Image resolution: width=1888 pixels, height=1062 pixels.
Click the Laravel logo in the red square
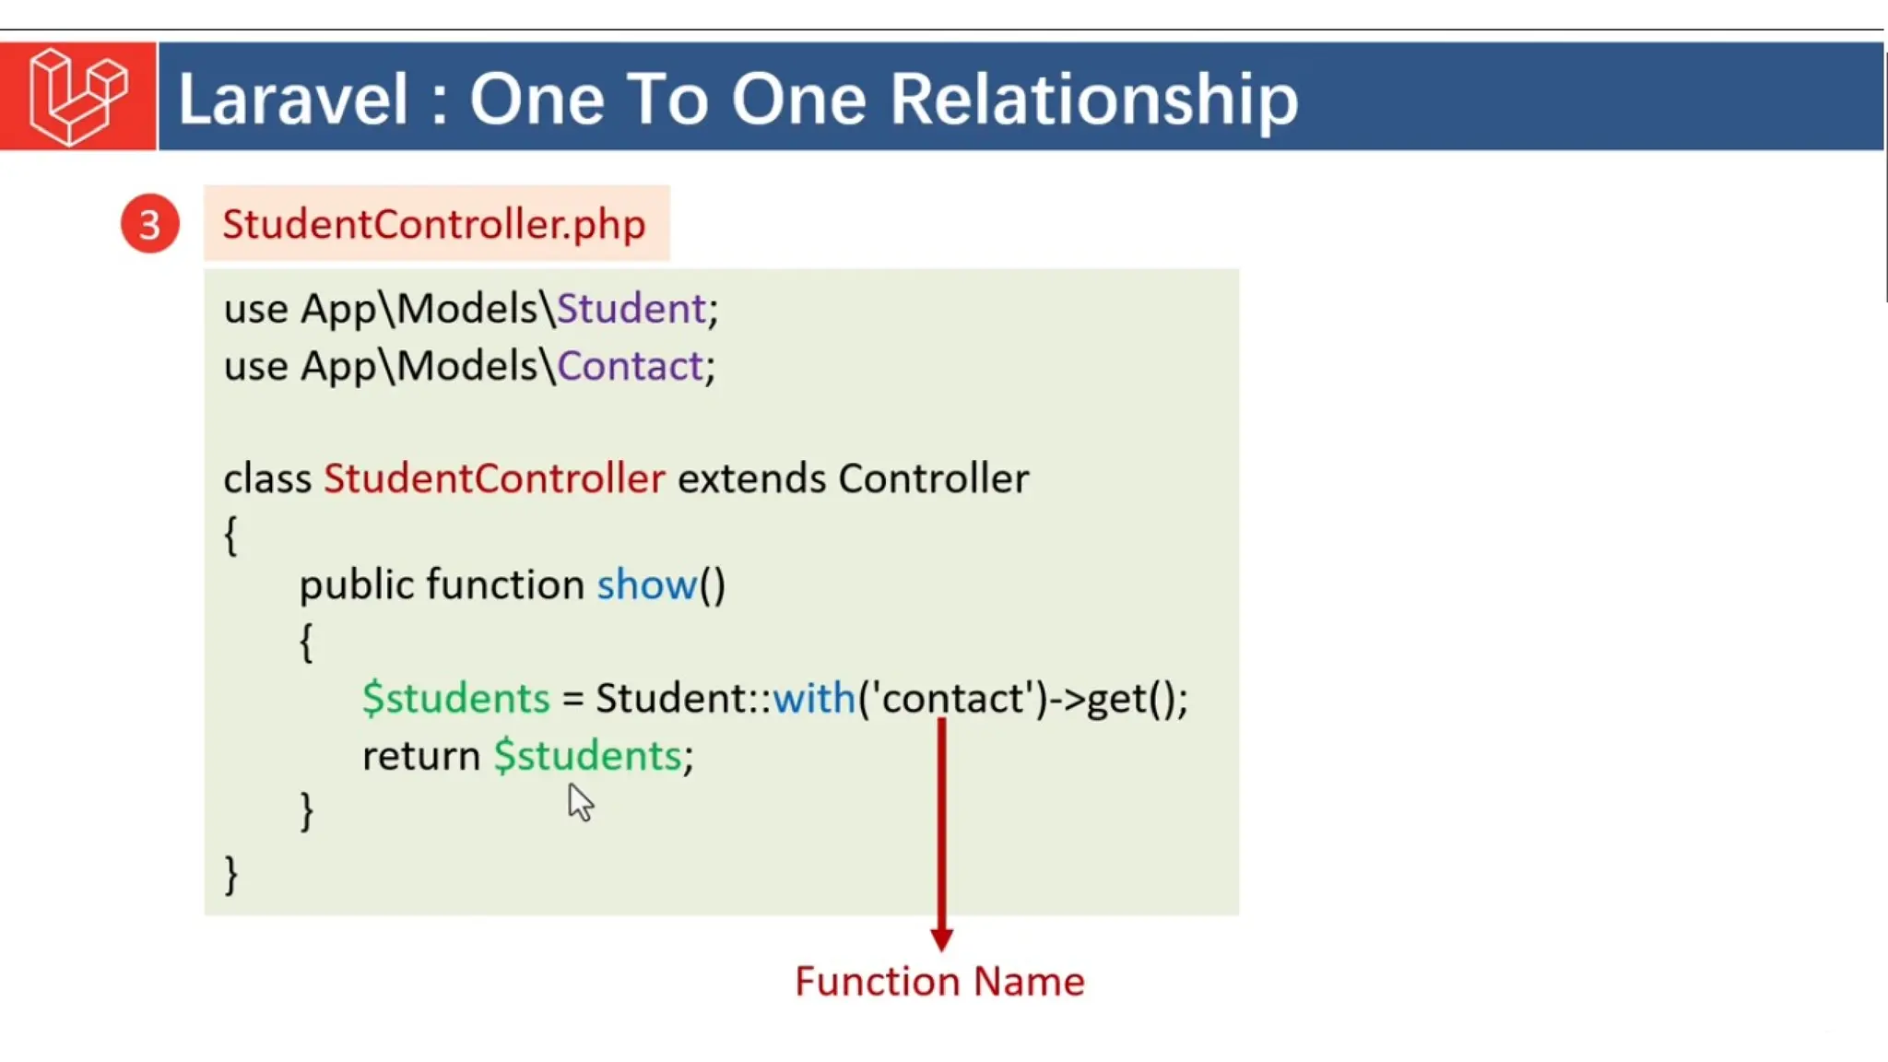tap(77, 96)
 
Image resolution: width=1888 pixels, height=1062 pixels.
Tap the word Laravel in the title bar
tap(292, 99)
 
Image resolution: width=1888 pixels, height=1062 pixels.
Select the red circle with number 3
tap(149, 224)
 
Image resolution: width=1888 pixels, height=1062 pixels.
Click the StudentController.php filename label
tap(434, 224)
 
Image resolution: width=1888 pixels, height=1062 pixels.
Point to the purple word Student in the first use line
tap(631, 308)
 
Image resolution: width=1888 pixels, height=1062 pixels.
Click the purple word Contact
tap(631, 366)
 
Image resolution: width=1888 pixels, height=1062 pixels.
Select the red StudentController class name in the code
tap(494, 478)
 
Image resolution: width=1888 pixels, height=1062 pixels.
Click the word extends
tap(751, 478)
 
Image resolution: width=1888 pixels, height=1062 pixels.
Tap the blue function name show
tap(646, 584)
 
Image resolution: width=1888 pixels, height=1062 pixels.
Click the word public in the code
tap(356, 584)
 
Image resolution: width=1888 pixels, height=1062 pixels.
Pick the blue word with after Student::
tap(813, 698)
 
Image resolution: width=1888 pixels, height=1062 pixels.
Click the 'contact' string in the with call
tap(953, 698)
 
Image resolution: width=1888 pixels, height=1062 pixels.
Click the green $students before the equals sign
tap(455, 698)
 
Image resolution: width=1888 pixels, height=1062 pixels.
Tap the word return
tap(420, 756)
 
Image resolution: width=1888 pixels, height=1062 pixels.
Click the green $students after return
tap(588, 756)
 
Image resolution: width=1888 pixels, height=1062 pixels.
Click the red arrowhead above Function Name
tap(941, 938)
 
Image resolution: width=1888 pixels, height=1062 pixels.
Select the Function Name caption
tap(939, 981)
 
